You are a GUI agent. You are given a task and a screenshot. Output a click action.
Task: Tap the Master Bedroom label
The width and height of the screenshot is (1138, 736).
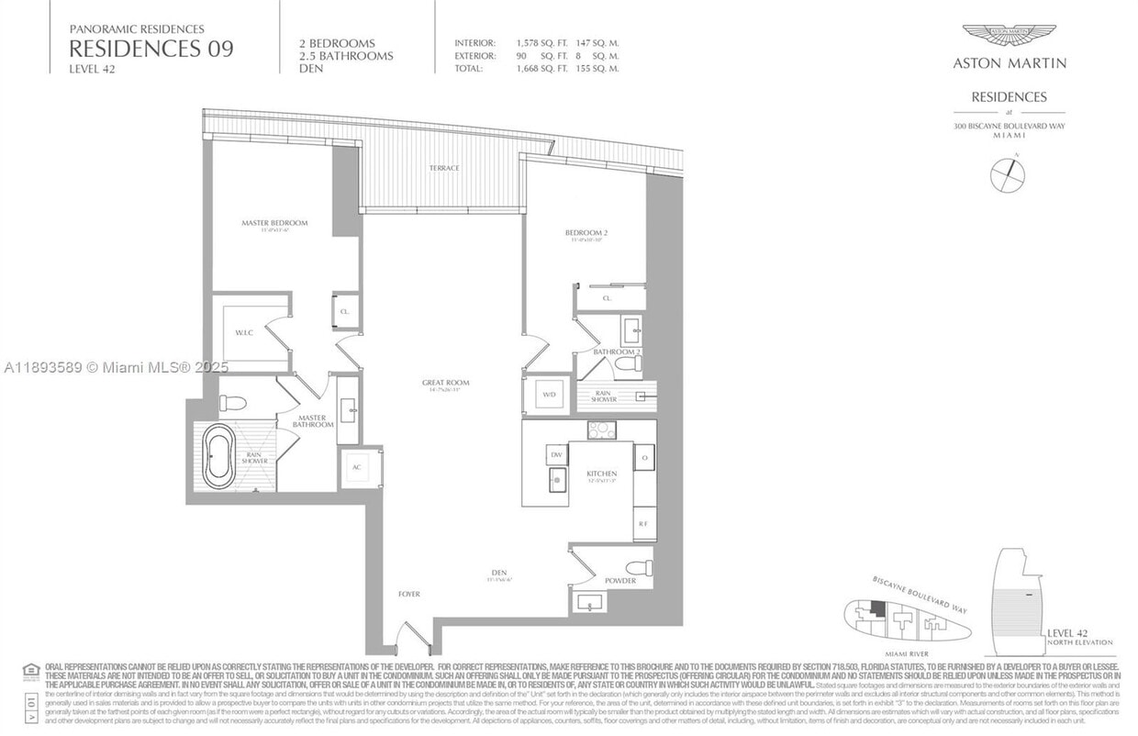pos(274,223)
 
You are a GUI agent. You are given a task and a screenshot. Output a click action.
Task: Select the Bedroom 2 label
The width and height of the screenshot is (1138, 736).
pos(586,233)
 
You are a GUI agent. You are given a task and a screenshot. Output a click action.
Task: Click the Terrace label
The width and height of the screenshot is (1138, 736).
pos(444,168)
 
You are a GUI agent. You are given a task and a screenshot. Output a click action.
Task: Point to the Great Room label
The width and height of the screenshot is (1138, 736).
pos(446,383)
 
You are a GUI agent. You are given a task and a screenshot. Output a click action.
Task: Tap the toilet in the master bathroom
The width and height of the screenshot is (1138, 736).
pos(232,403)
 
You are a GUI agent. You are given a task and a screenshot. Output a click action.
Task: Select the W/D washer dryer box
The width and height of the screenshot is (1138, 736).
pos(549,395)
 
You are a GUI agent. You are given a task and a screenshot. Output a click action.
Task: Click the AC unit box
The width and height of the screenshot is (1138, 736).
pos(356,467)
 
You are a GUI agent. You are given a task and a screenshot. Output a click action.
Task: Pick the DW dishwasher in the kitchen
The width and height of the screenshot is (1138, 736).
pos(555,452)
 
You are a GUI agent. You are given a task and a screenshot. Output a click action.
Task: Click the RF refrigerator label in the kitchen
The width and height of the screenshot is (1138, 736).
pos(643,523)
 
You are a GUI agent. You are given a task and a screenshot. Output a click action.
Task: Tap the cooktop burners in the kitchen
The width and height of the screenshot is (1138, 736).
pos(602,429)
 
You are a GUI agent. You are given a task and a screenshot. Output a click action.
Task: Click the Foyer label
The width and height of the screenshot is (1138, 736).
pos(409,594)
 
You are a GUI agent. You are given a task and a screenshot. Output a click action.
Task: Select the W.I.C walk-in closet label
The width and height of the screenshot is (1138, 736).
pos(243,333)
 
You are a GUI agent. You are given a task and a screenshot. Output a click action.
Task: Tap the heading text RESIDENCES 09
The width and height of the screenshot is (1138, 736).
pos(151,49)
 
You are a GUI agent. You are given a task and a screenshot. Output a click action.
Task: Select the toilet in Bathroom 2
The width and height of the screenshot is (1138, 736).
pos(628,364)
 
